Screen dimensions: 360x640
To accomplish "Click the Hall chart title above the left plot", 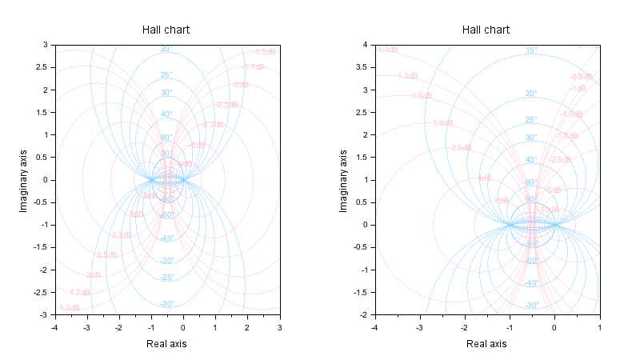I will coord(166,30).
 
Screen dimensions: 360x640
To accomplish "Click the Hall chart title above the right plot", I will coord(486,30).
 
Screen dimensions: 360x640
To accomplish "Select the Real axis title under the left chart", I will coord(166,343).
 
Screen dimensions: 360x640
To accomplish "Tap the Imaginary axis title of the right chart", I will coord(343,180).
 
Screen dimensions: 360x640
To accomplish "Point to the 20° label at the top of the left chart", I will coord(166,49).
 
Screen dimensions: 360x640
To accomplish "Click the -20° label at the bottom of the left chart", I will coord(166,304).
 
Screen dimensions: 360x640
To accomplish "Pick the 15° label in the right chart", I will coord(531,50).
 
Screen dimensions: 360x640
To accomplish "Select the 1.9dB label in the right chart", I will coord(443,123).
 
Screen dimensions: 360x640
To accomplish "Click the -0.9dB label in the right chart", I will coord(581,77).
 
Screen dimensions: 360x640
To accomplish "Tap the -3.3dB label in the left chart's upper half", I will coord(213,125).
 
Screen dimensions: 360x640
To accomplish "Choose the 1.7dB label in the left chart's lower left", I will coord(79,293).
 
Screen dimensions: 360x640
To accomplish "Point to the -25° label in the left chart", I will coord(166,278).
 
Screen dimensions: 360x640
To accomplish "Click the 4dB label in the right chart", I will coord(484,178).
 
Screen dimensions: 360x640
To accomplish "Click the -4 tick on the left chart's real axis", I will coord(54,327).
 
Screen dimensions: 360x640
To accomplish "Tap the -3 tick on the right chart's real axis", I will coord(419,327).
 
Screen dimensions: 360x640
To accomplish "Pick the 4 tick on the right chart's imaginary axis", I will coord(365,45).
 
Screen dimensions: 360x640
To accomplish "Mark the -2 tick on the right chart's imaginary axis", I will coord(363,315).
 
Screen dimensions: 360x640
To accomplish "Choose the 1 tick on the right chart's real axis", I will coord(599,327).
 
